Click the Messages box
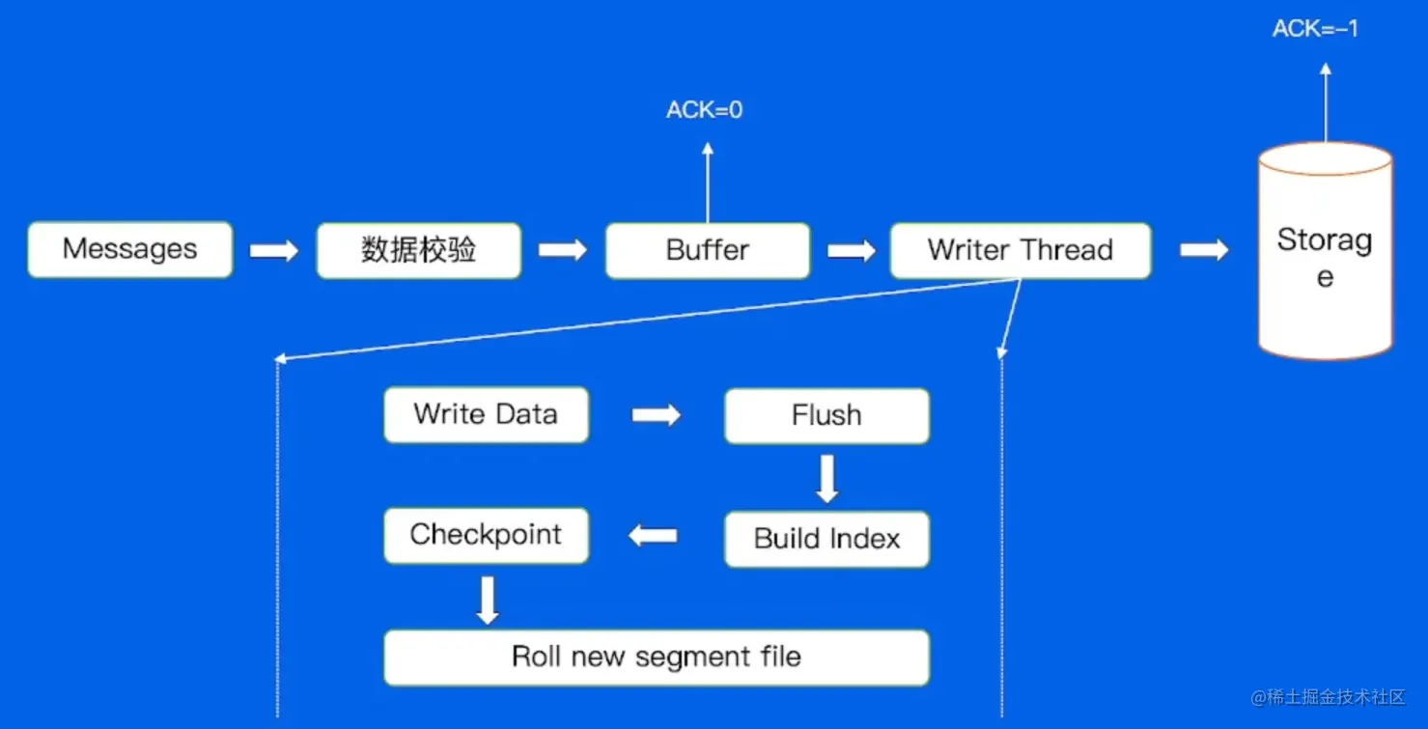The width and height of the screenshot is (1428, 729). (130, 250)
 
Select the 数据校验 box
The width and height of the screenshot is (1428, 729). (419, 250)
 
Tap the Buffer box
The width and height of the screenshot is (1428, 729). (708, 251)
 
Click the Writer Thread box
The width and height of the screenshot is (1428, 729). (1021, 251)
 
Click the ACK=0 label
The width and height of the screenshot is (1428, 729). (705, 110)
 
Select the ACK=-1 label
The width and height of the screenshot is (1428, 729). (1315, 29)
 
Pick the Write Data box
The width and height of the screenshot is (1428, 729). (486, 415)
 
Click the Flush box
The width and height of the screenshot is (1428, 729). (826, 416)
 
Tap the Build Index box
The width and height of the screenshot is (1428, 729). (826, 539)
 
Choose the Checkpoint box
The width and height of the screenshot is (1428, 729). (486, 535)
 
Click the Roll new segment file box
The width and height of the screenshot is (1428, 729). (657, 658)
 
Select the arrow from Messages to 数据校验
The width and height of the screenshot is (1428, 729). (274, 251)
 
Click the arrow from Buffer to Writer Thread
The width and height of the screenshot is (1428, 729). (851, 251)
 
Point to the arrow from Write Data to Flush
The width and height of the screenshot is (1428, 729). (657, 415)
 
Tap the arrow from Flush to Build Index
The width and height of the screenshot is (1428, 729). (826, 478)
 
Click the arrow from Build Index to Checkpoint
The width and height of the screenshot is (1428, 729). (654, 535)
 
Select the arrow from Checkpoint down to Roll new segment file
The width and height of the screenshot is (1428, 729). (488, 600)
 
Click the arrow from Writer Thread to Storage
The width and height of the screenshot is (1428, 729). (1204, 251)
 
